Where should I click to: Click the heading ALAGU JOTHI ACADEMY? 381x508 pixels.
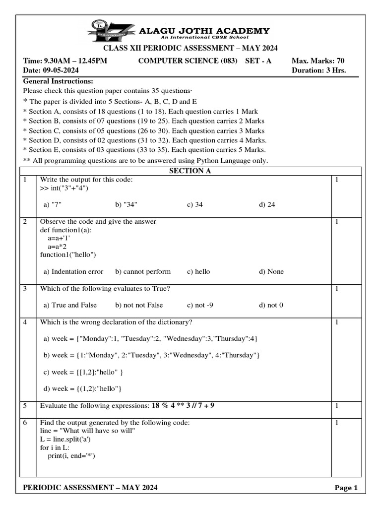click(x=204, y=31)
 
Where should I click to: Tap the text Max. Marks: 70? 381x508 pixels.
click(x=318, y=61)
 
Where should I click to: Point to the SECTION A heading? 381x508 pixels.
click(x=190, y=171)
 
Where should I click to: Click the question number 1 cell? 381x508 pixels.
click(x=25, y=180)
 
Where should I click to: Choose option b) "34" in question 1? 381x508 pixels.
click(x=127, y=204)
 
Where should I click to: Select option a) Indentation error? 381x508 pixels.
click(x=73, y=271)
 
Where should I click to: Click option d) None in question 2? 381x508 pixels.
click(x=271, y=271)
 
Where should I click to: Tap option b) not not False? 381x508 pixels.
click(x=139, y=305)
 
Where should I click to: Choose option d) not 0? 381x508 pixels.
click(x=271, y=305)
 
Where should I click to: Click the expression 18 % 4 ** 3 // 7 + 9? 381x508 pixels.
click(x=183, y=406)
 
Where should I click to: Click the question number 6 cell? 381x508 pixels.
click(x=25, y=423)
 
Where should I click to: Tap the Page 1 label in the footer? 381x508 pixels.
click(x=346, y=488)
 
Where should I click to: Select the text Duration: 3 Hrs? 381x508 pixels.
click(x=318, y=70)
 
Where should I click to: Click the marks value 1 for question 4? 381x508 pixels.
click(x=336, y=322)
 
